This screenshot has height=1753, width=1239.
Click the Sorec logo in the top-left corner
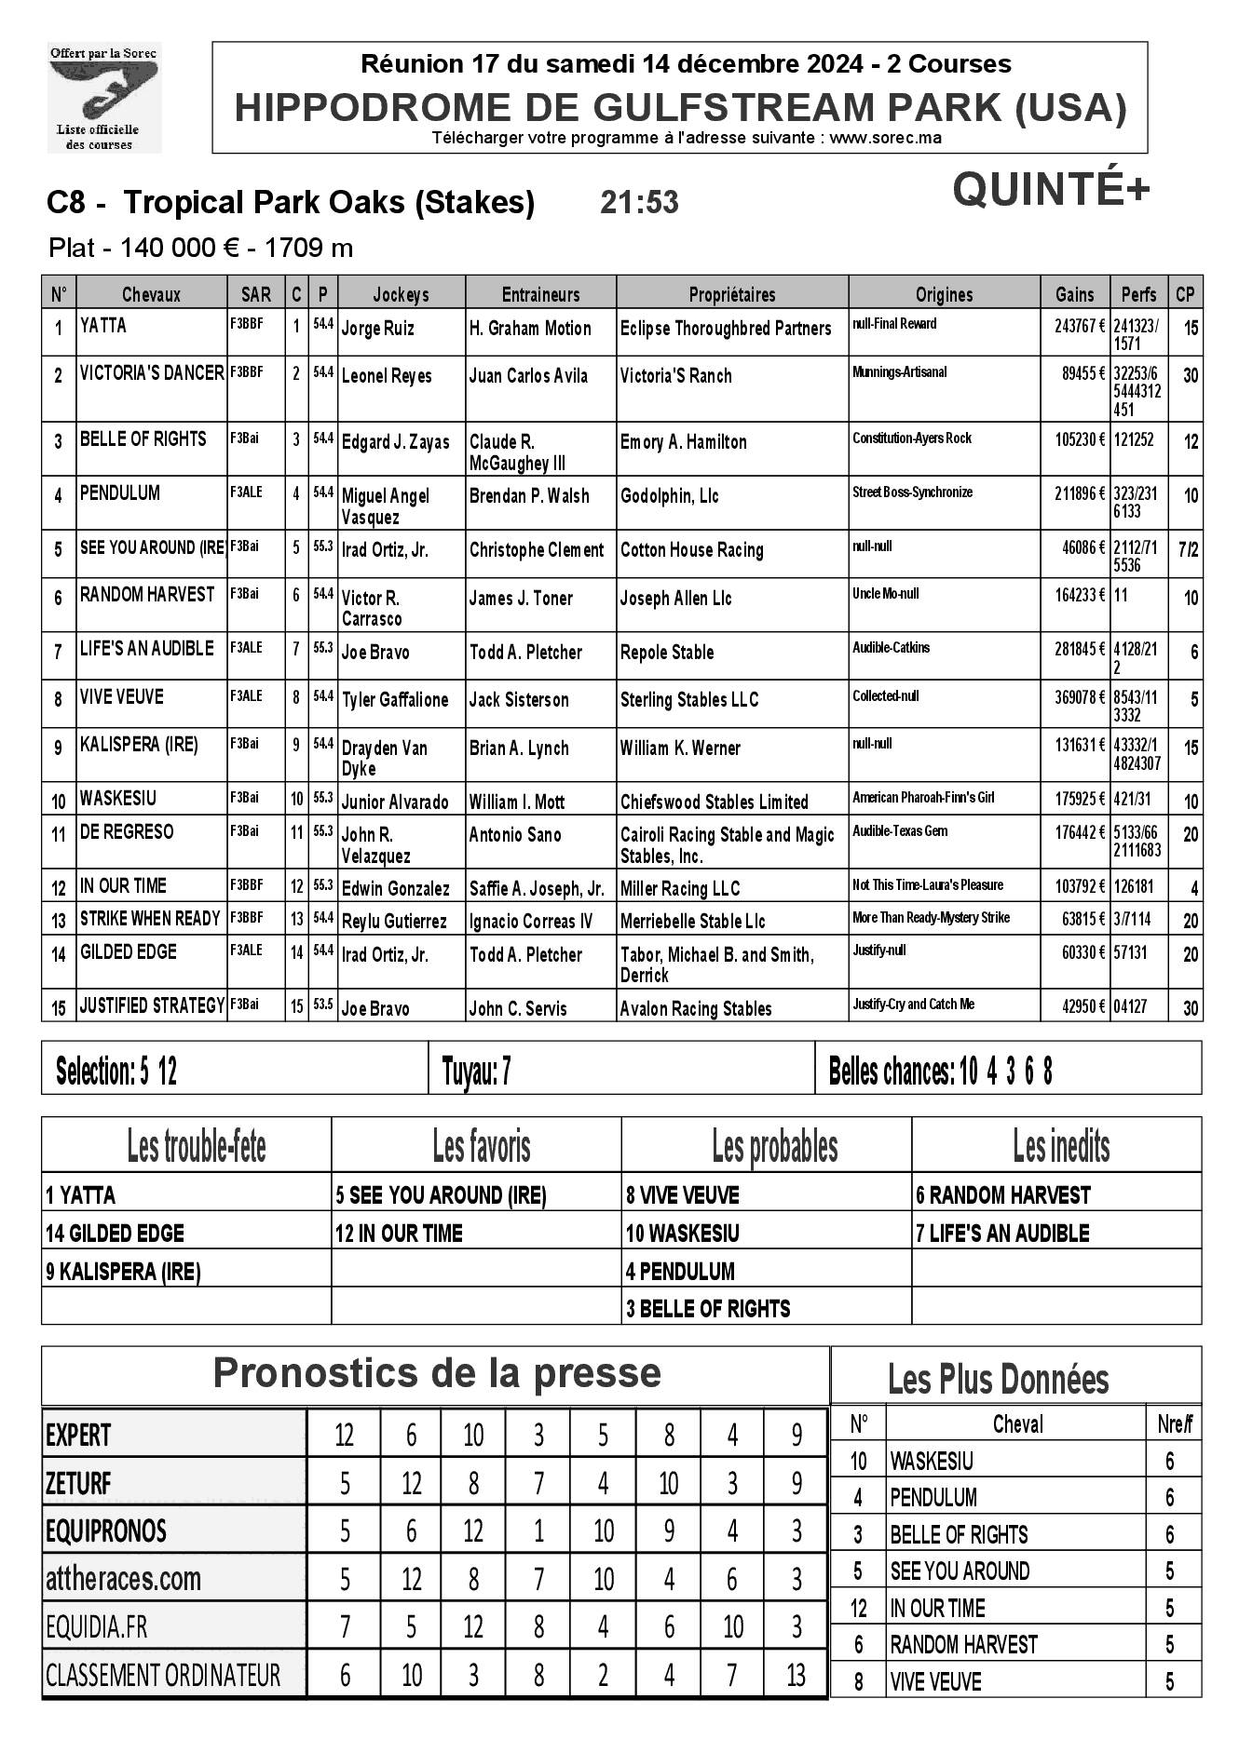[104, 98]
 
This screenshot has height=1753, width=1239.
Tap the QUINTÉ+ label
[1051, 191]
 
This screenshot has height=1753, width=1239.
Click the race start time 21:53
[639, 202]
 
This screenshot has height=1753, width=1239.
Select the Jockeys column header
[401, 294]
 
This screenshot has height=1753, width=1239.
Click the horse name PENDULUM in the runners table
[120, 493]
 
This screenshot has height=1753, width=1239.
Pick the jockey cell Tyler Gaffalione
[395, 700]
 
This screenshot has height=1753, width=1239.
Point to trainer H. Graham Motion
[530, 329]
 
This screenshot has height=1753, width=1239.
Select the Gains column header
[1074, 294]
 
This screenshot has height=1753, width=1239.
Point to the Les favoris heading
[481, 1147]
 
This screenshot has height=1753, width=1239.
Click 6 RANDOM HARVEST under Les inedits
[1002, 1195]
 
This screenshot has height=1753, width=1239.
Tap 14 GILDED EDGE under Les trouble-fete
[116, 1234]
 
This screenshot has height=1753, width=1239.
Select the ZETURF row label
[78, 1483]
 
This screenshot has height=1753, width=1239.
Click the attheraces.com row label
[123, 1579]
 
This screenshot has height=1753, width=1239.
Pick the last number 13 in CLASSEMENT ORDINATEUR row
[796, 1676]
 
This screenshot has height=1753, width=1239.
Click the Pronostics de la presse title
[437, 1374]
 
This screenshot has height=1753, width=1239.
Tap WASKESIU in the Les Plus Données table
[932, 1461]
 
